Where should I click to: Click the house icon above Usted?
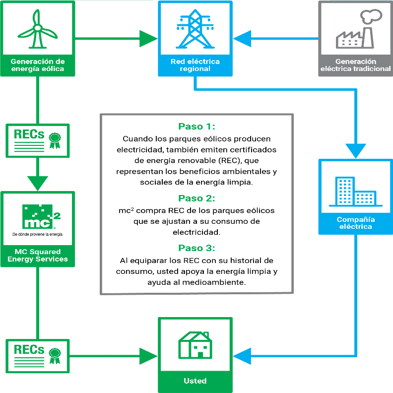point(195,344)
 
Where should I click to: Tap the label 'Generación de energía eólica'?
point(38,65)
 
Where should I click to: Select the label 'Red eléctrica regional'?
point(195,65)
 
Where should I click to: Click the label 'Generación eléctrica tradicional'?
point(355,65)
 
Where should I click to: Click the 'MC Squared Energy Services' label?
point(38,255)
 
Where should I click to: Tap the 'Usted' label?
point(195,381)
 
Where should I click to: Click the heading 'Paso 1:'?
point(196,127)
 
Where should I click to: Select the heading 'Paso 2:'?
point(196,198)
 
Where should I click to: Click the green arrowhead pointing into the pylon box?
point(147,38)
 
